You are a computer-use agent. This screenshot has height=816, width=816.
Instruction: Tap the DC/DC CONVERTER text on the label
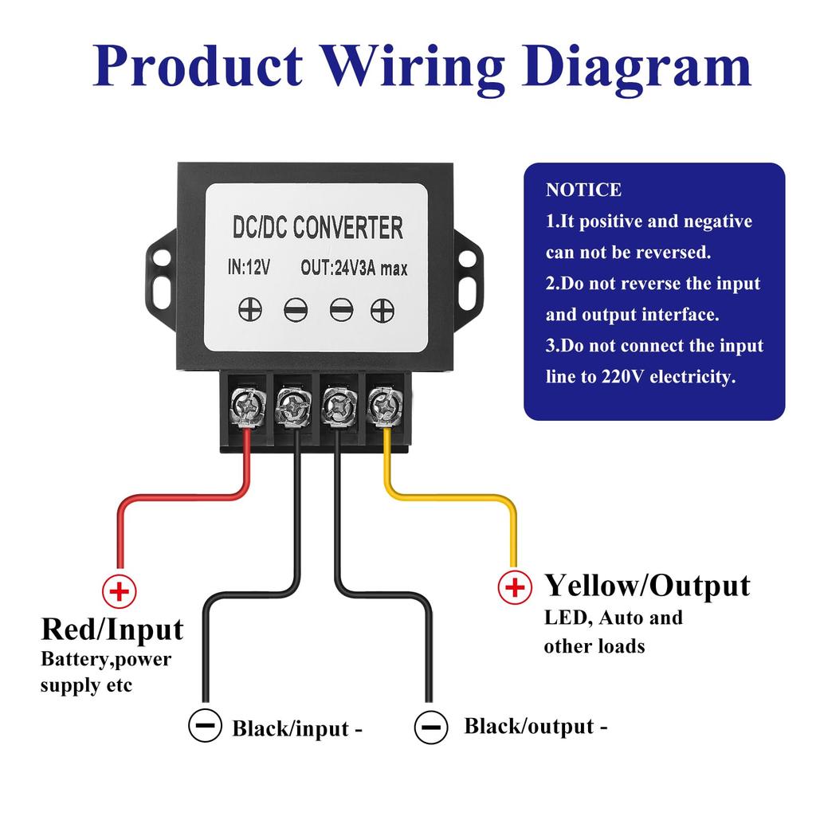317,228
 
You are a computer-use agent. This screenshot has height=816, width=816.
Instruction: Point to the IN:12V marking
249,269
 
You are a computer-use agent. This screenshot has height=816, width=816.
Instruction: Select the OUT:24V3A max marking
354,269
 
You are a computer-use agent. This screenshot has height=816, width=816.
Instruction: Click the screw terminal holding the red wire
245,406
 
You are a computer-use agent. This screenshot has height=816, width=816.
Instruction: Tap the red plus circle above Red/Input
120,592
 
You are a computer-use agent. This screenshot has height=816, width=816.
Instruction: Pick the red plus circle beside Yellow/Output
515,587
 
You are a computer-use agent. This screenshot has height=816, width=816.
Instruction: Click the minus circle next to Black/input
205,725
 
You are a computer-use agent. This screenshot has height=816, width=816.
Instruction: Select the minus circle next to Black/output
430,726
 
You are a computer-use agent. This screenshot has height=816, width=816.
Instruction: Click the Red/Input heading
112,630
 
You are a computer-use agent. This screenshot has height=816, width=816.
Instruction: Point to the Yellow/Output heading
647,586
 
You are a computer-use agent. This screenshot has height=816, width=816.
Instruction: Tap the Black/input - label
297,728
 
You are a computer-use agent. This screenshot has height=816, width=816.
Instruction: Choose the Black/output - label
535,726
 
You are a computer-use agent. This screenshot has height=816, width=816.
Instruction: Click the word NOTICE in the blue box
583,190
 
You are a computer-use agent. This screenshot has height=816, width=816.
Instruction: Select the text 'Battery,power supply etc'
105,672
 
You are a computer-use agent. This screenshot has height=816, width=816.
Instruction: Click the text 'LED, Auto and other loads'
612,631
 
